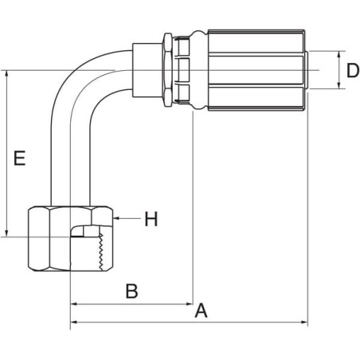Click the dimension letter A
[x=201, y=310]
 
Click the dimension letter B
[x=131, y=291]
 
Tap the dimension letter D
[x=353, y=71]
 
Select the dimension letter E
[x=19, y=158]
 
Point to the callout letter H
[x=151, y=219]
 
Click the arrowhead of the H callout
[x=115, y=218]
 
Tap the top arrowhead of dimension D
[x=339, y=54]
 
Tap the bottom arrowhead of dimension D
[x=339, y=85]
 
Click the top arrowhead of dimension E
[x=7, y=74]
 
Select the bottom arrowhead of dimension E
[x=7, y=233]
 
